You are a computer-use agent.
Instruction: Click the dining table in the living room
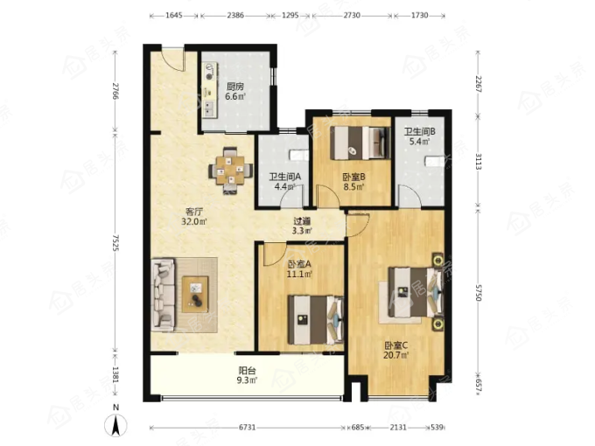point(231,171)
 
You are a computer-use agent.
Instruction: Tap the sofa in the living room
point(164,295)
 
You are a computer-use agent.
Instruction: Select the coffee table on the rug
point(195,295)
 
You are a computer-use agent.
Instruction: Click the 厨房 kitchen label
point(235,87)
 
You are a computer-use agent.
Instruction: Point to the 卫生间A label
point(285,177)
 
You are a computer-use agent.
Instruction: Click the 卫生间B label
point(419,131)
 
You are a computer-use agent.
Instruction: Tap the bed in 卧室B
point(361,143)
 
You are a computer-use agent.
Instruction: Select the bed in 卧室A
point(316,319)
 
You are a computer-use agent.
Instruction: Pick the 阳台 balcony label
point(247,370)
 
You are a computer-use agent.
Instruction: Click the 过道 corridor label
point(302,220)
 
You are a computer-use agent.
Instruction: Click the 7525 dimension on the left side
point(115,243)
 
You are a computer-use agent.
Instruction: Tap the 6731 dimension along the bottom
point(247,428)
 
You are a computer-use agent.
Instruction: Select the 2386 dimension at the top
point(235,16)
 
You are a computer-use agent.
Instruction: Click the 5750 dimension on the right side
point(478,292)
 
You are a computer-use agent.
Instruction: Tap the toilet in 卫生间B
point(434,161)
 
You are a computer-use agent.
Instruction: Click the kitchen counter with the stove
point(209,90)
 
